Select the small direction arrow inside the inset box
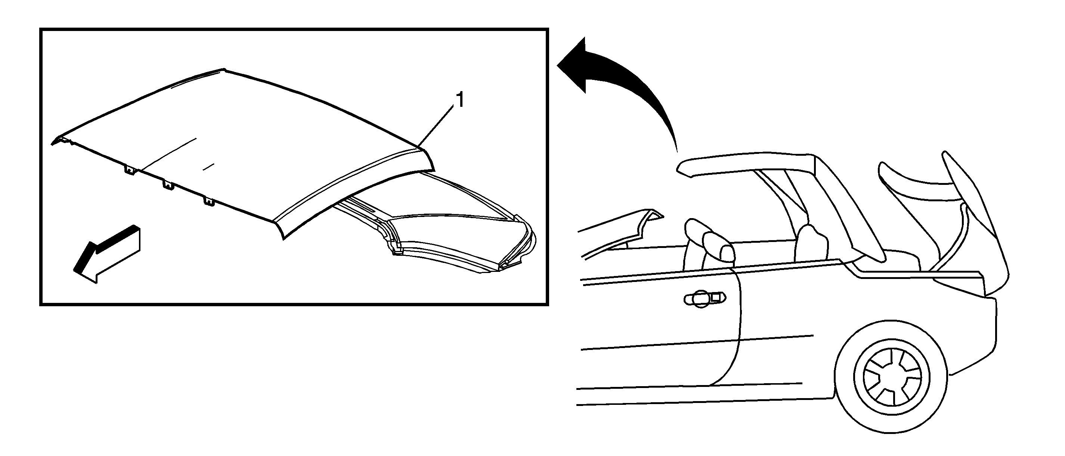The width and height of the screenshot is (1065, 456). [107, 254]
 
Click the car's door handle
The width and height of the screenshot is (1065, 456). [705, 298]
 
